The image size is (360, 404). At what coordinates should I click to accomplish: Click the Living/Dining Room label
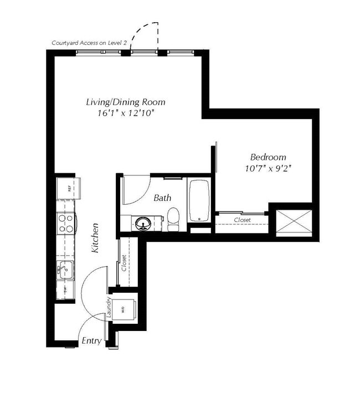(x=125, y=102)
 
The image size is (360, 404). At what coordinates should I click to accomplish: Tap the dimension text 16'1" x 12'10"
(x=125, y=113)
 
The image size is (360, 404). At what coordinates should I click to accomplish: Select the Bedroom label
(x=268, y=157)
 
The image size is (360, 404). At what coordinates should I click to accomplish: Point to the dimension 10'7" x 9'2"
(x=268, y=168)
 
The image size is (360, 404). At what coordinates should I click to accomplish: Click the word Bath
(x=162, y=198)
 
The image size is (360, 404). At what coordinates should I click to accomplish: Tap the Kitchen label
(x=95, y=239)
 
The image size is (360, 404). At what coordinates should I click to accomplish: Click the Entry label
(x=91, y=341)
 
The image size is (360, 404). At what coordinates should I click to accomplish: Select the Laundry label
(x=109, y=308)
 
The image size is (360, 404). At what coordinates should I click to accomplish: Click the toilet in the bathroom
(x=173, y=219)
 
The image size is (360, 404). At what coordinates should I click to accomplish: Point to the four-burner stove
(x=66, y=223)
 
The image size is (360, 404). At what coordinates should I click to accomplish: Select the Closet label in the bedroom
(x=242, y=220)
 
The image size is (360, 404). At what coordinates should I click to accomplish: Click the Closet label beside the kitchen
(x=125, y=262)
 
